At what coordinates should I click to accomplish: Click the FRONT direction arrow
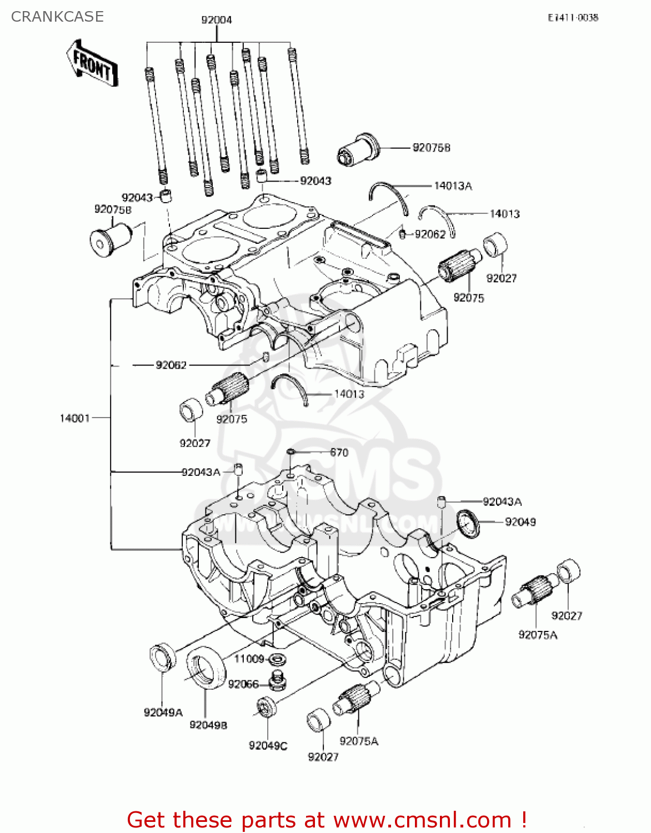tap(92, 63)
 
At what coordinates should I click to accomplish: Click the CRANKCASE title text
tap(57, 17)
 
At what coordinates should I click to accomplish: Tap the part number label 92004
tap(217, 20)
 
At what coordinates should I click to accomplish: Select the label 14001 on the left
tap(74, 418)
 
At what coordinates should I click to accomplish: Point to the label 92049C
tap(268, 745)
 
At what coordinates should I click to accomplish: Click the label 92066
tap(243, 684)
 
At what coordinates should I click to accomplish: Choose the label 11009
tap(249, 659)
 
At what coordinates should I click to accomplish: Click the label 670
tap(339, 453)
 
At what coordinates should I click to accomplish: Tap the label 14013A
tap(453, 186)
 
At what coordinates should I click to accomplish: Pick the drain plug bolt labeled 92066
tap(278, 680)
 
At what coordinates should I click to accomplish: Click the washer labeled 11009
tap(277, 660)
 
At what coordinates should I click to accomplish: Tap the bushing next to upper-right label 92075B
tap(359, 149)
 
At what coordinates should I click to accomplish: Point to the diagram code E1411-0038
tap(573, 18)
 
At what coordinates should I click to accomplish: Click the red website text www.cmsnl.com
tap(422, 820)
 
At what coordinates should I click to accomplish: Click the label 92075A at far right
tap(537, 635)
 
